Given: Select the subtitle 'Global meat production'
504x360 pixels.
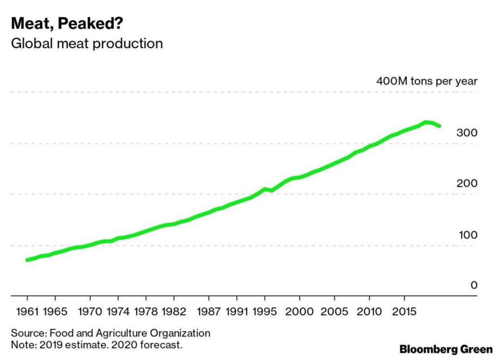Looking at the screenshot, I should [x=87, y=43].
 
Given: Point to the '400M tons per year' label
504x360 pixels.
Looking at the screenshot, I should [x=427, y=81].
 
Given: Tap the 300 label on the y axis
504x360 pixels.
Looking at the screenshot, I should [x=467, y=133].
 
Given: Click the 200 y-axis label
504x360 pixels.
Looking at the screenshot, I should [x=467, y=184].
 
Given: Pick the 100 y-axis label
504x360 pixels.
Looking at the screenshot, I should [x=467, y=235].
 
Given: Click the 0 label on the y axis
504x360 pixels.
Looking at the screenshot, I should [x=474, y=285].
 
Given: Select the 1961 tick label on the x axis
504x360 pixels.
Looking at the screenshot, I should [x=27, y=312].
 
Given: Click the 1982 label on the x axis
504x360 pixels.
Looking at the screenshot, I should [x=174, y=312].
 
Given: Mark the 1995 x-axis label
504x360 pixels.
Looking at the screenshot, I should [x=265, y=312].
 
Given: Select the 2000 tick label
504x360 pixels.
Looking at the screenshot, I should [x=300, y=312].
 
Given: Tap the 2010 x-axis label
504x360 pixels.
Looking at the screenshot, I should [x=370, y=312].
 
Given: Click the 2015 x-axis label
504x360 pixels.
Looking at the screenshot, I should [x=405, y=312].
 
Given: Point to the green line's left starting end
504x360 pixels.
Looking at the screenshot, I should [x=28, y=260].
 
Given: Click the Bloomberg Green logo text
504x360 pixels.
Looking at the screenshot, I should [x=445, y=349].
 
